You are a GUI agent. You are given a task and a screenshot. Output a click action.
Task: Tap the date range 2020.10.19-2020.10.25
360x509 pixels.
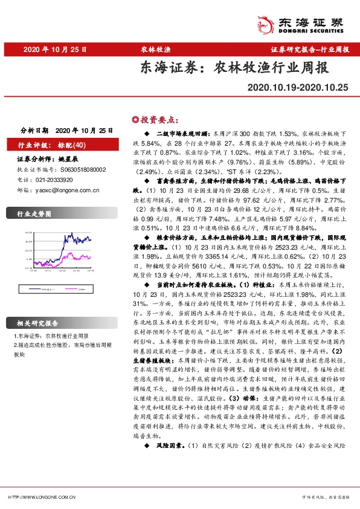click(x=298, y=88)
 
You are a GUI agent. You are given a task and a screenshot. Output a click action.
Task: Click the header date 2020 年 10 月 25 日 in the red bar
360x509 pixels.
click(x=55, y=50)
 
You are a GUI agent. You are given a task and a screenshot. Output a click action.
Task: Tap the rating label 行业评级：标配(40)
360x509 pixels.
click(x=52, y=145)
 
